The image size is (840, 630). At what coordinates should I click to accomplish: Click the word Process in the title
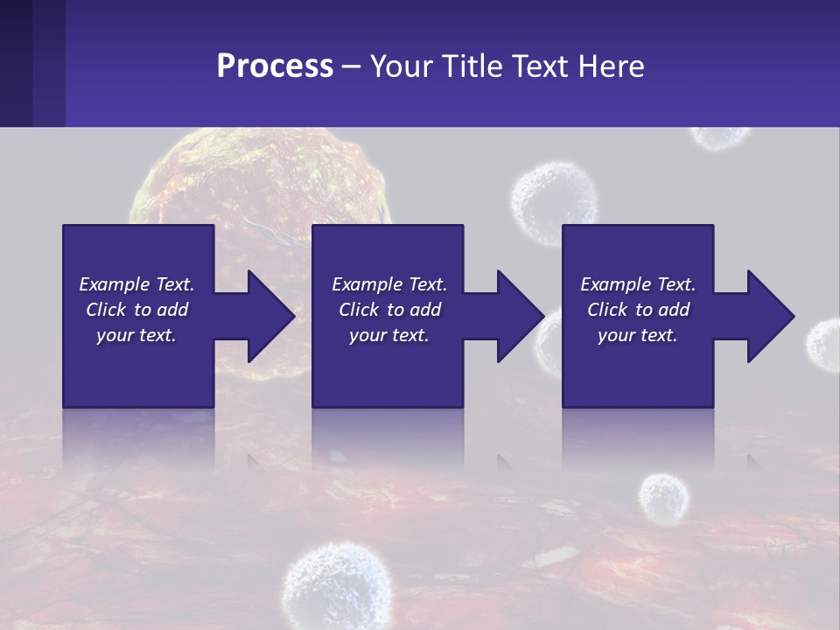pos(275,66)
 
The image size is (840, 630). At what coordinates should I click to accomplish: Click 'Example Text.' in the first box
pos(136,284)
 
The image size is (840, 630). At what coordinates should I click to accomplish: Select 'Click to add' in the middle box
pos(389,310)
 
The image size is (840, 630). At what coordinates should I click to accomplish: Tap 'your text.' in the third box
pos(637,335)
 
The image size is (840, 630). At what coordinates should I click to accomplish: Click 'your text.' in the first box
pos(136,335)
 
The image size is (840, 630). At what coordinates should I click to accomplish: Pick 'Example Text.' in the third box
pos(637,284)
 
